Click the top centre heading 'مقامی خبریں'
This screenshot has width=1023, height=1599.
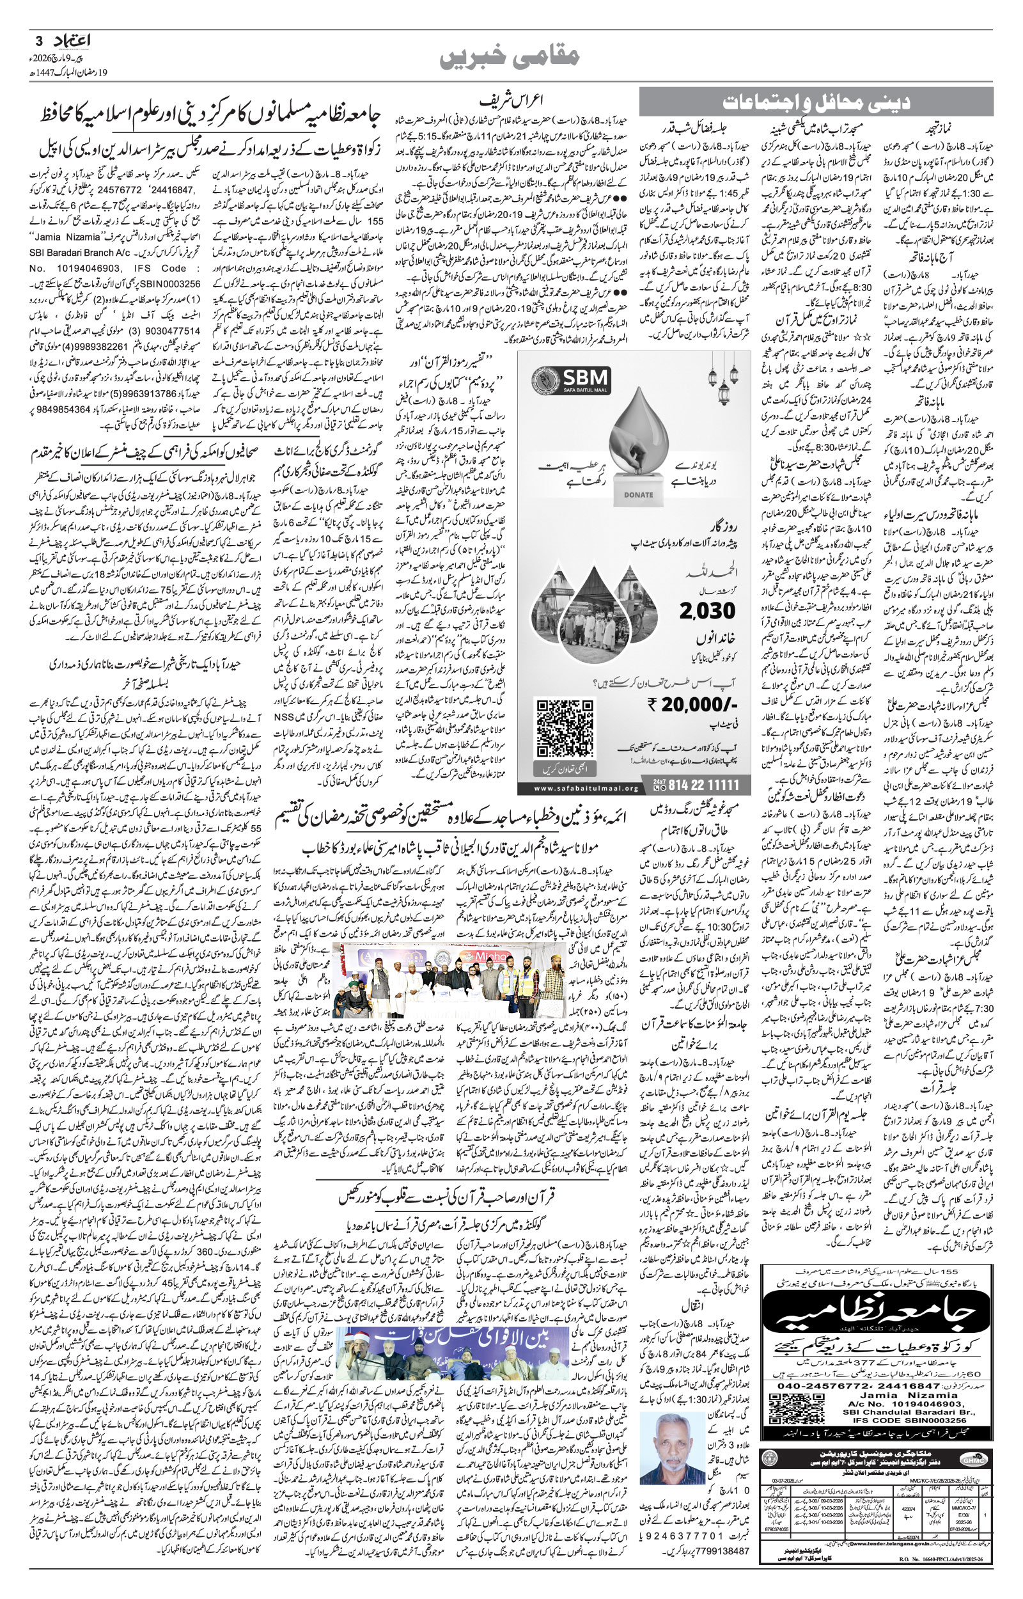(510, 57)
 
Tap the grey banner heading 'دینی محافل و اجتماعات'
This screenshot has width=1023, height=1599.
(816, 102)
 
